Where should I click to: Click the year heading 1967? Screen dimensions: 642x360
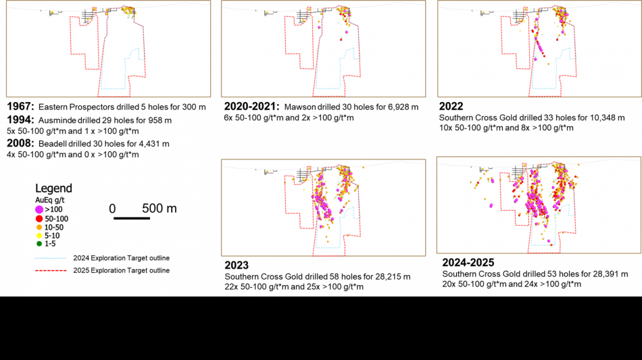(x=20, y=107)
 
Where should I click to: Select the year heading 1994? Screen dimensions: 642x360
(x=20, y=120)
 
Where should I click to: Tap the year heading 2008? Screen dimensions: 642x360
(x=20, y=144)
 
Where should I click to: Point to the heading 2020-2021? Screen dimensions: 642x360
(x=251, y=107)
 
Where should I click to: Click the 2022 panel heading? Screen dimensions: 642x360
(x=451, y=106)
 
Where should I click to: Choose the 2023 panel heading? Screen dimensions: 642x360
(x=237, y=265)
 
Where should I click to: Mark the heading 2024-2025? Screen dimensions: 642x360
(x=468, y=262)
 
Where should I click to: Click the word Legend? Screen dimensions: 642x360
(x=53, y=188)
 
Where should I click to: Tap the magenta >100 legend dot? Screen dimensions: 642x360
(x=39, y=209)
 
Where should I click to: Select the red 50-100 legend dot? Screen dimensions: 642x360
(x=39, y=219)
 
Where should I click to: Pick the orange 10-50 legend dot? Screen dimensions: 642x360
(x=39, y=228)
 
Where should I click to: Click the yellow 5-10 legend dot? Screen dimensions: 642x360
(x=39, y=236)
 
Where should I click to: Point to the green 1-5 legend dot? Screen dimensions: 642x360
(x=39, y=244)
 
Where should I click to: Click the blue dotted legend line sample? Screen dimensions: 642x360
(x=51, y=259)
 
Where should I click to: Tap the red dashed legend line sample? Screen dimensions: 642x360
(x=51, y=271)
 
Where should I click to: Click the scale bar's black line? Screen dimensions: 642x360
(x=132, y=218)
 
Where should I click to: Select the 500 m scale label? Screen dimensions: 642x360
(x=159, y=209)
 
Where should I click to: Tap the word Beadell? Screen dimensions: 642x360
(x=52, y=144)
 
